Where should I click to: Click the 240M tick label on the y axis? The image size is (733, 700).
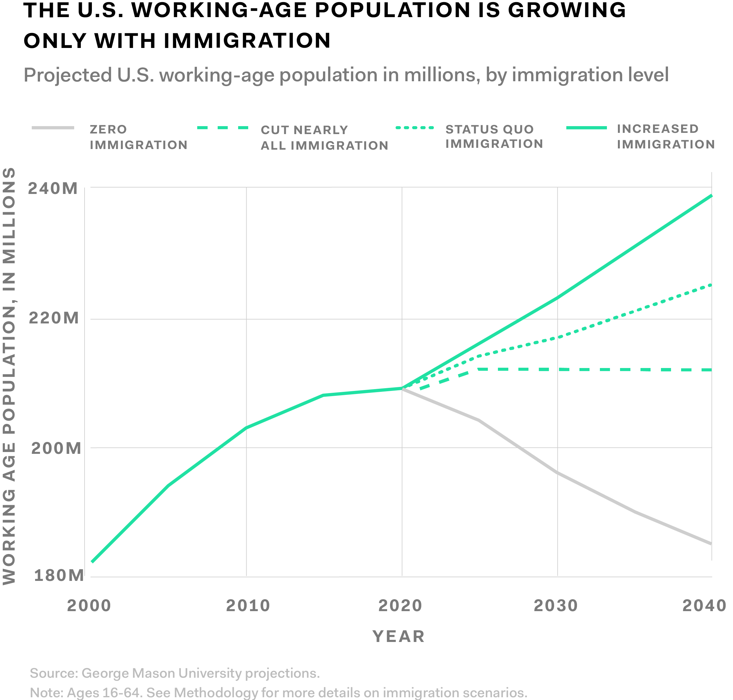click(53, 188)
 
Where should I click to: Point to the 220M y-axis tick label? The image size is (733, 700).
click(54, 318)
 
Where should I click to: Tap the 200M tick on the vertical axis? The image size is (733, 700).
click(56, 448)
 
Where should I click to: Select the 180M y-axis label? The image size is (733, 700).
click(59, 576)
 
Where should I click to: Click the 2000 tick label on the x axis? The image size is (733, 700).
click(89, 606)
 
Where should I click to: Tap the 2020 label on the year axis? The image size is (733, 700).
click(400, 606)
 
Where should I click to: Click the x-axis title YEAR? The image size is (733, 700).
click(399, 636)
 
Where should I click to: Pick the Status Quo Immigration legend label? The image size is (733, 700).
click(494, 137)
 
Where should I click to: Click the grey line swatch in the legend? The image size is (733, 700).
click(53, 128)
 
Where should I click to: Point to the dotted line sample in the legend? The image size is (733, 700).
click(415, 128)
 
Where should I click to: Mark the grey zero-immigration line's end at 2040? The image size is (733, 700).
click(711, 543)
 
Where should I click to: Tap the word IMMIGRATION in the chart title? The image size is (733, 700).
click(247, 41)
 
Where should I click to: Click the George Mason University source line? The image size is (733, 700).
click(175, 673)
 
